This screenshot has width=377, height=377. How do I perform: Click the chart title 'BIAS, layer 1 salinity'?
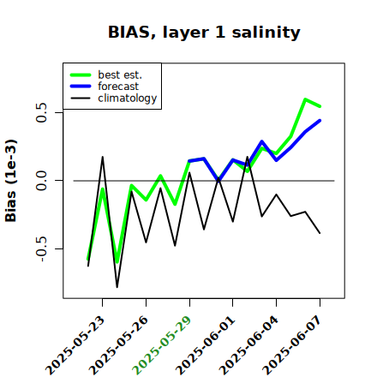point(204,33)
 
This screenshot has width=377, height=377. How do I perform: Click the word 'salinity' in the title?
point(266,33)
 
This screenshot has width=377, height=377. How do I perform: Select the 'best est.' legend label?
point(120,75)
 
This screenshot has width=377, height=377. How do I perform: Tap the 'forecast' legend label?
point(118,87)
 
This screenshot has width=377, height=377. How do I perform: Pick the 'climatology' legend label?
point(128,99)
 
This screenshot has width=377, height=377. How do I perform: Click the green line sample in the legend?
point(81,75)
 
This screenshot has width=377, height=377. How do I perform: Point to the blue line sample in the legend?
point(81,87)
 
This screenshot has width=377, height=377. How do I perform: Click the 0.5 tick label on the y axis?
point(41,112)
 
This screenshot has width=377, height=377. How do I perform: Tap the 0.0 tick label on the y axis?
point(41,181)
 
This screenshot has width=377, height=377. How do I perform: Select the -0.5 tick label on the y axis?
point(41,249)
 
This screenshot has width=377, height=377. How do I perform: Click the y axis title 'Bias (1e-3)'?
point(11,181)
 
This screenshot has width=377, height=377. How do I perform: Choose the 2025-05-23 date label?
point(75,345)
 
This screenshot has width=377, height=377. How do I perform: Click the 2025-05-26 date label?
point(118,345)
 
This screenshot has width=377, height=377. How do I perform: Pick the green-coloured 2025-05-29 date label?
point(162,345)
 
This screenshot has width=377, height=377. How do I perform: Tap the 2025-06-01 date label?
point(205,345)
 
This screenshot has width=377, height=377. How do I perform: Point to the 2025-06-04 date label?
point(248,345)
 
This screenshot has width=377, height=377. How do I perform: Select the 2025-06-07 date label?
point(292,345)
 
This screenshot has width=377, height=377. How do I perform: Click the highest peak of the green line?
point(305,99)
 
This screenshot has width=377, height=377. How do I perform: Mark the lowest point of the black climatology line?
point(117,287)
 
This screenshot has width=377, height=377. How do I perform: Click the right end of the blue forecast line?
point(320,121)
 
